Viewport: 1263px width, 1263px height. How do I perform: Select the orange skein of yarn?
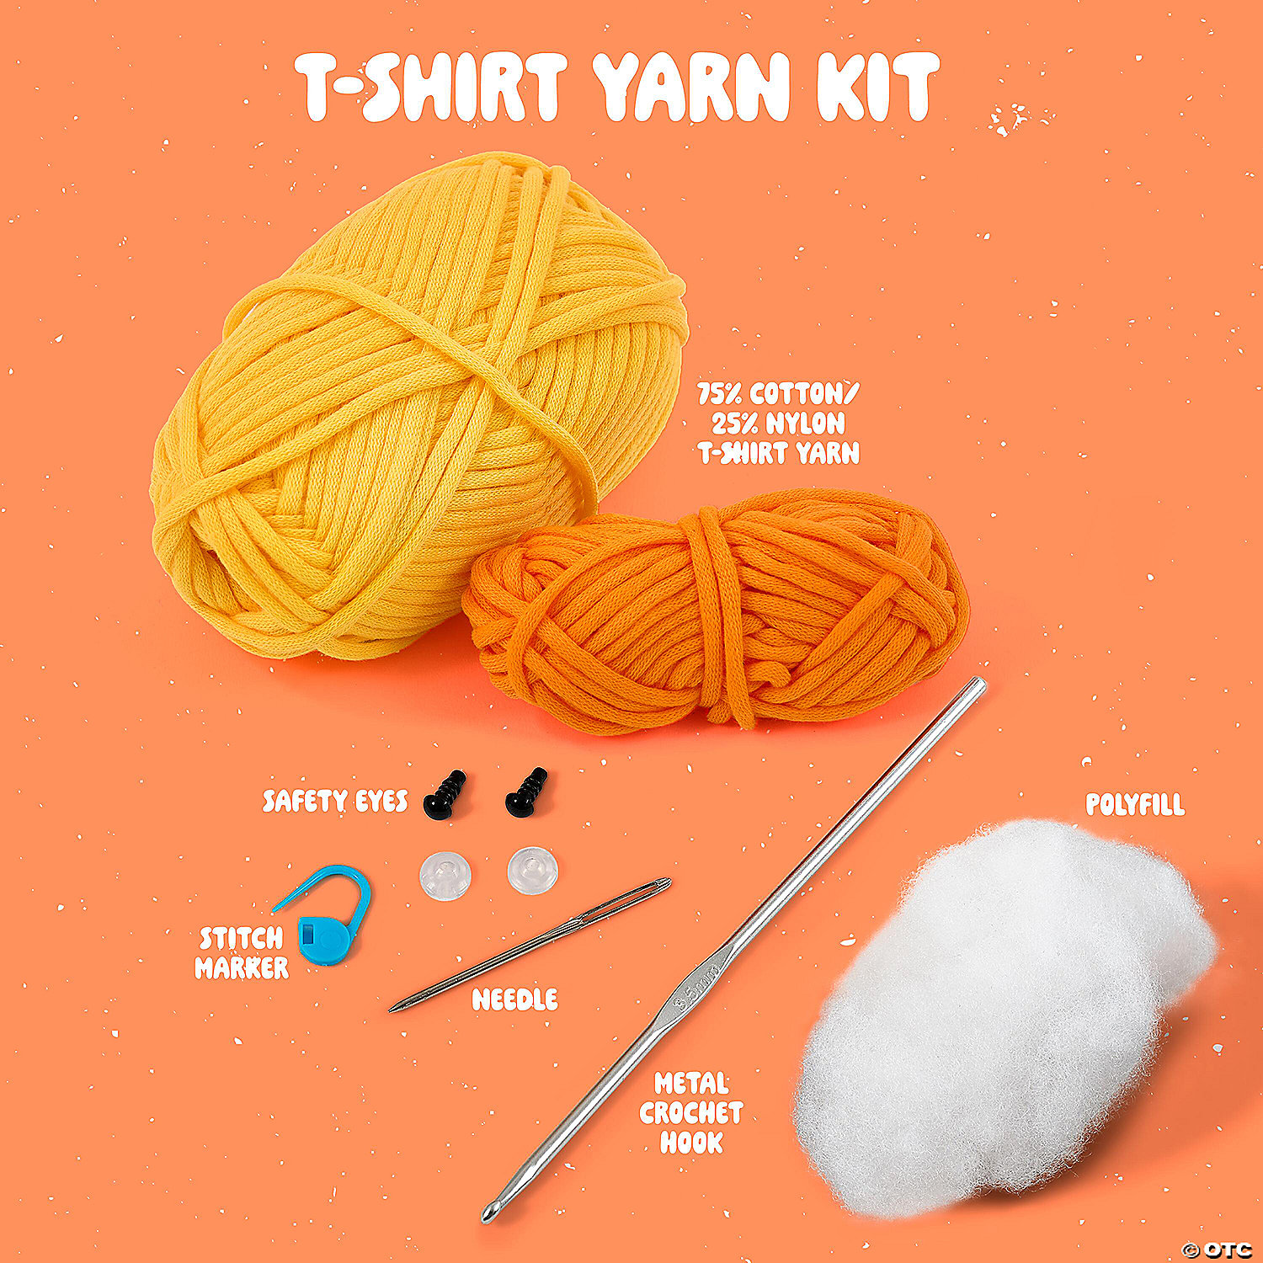click(716, 610)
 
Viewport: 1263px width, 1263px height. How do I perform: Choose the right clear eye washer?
click(532, 871)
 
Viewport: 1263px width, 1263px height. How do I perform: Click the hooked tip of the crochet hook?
click(488, 1213)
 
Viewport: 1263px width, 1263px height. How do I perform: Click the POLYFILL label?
click(1135, 805)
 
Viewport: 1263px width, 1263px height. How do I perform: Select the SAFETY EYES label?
click(335, 801)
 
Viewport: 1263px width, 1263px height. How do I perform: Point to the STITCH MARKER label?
click(242, 953)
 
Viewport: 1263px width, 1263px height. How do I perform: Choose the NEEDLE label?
click(514, 999)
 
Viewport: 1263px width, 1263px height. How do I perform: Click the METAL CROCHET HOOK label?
click(690, 1112)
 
